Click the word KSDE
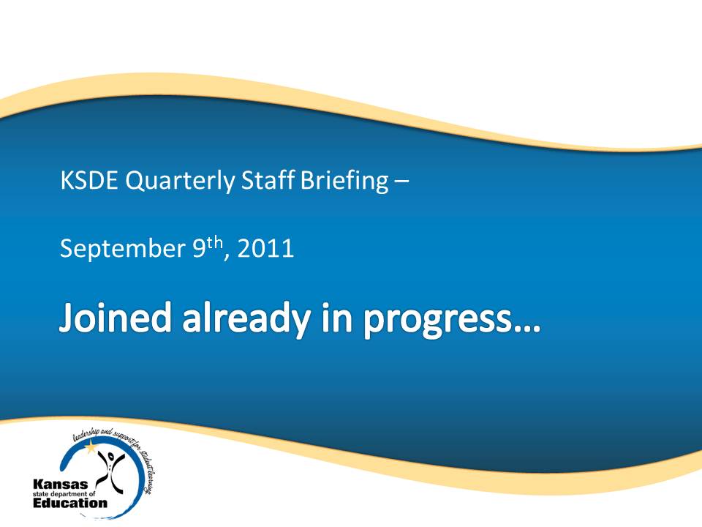pos(89,180)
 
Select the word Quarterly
pos(180,182)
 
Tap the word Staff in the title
pos(268,180)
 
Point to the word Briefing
pos(344,182)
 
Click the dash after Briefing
pos(401,182)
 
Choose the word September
pos(123,249)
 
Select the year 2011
pos(265,248)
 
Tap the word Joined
pos(115,318)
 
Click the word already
pos(246,320)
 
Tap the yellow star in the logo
pos(91,446)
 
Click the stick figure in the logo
pos(110,471)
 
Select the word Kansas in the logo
pos(61,485)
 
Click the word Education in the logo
pos(70,503)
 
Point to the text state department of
pos(64,494)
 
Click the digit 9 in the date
pos(199,248)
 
